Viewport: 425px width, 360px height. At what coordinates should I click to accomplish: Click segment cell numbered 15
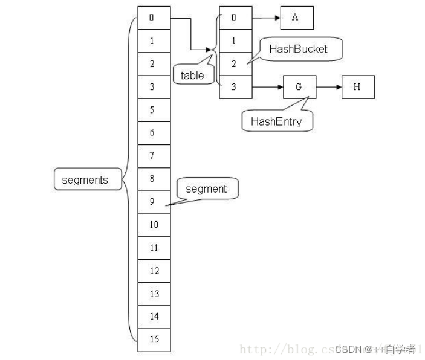[x=154, y=339]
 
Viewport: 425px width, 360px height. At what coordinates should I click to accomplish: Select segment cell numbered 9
[x=154, y=202]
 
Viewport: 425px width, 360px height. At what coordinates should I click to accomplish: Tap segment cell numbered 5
[x=154, y=110]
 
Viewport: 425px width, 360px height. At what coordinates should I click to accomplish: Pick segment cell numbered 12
[x=154, y=271]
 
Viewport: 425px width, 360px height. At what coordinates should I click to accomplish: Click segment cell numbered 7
[x=154, y=156]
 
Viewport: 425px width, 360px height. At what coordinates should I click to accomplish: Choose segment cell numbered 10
[x=154, y=225]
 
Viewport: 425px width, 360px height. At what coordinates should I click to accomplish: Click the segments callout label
[x=85, y=179]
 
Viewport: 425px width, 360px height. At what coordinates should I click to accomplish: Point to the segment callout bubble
[x=206, y=189]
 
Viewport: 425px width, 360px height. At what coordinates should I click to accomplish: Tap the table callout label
[x=193, y=76]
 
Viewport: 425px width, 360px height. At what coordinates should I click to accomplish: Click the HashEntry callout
[x=272, y=121]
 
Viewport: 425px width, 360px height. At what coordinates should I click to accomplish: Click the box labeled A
[x=296, y=18]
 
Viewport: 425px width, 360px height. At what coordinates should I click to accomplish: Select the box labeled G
[x=299, y=87]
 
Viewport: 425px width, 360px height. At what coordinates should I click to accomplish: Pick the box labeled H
[x=357, y=87]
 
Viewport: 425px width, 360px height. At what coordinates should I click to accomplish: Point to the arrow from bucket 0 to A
[x=266, y=18]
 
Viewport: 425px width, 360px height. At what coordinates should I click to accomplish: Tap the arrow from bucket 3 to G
[x=267, y=87]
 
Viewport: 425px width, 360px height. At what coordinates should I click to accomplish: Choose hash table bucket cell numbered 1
[x=235, y=41]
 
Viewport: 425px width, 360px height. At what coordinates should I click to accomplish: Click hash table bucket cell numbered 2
[x=235, y=64]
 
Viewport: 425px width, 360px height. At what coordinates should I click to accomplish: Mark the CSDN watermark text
[x=375, y=349]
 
